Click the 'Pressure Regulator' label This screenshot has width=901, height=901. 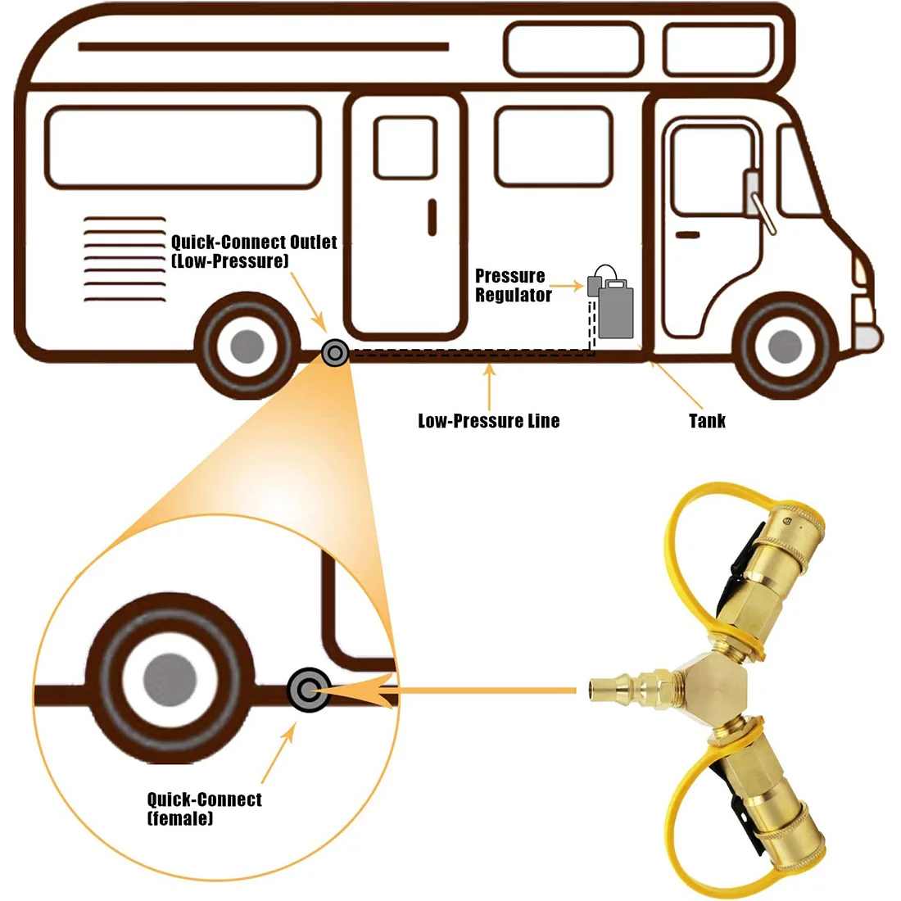513,286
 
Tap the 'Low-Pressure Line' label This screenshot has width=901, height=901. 489,421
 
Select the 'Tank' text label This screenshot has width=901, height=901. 707,421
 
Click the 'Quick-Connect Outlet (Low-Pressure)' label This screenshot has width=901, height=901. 253,251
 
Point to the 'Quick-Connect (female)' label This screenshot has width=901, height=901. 204,808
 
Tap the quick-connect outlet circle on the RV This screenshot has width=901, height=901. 334,354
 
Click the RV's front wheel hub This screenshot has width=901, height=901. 785,346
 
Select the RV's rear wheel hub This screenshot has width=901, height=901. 247,347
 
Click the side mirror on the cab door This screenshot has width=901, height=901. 752,193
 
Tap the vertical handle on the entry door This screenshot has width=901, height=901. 432,217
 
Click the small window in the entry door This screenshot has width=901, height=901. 405,147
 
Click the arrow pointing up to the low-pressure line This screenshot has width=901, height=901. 489,385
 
